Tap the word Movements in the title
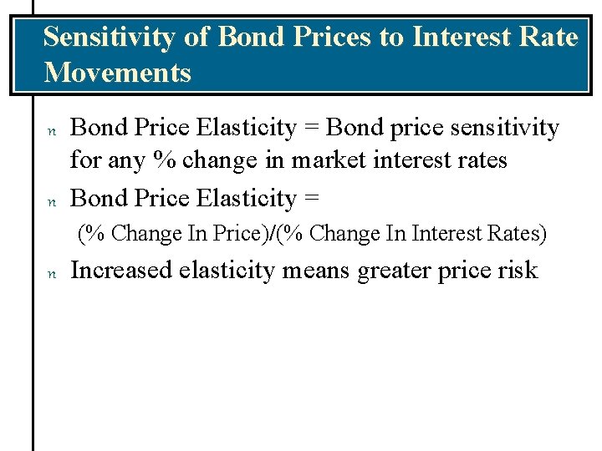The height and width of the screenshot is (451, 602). pos(117,73)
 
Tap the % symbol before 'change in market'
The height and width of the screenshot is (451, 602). pos(166,160)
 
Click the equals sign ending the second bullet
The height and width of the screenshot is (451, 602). pos(311,199)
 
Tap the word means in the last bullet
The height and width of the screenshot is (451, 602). pos(320,271)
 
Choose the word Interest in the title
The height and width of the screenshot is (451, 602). pos(460,38)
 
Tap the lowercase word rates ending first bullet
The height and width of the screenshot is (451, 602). pos(479,160)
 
